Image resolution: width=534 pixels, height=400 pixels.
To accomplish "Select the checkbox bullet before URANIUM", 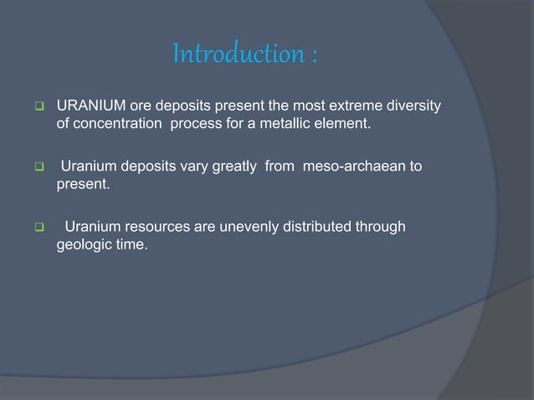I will [38, 107].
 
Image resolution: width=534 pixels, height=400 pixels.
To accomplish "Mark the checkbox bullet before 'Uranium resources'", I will [38, 228].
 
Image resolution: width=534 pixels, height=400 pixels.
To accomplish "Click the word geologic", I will [85, 245].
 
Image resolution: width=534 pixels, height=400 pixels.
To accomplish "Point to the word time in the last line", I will [132, 245].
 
